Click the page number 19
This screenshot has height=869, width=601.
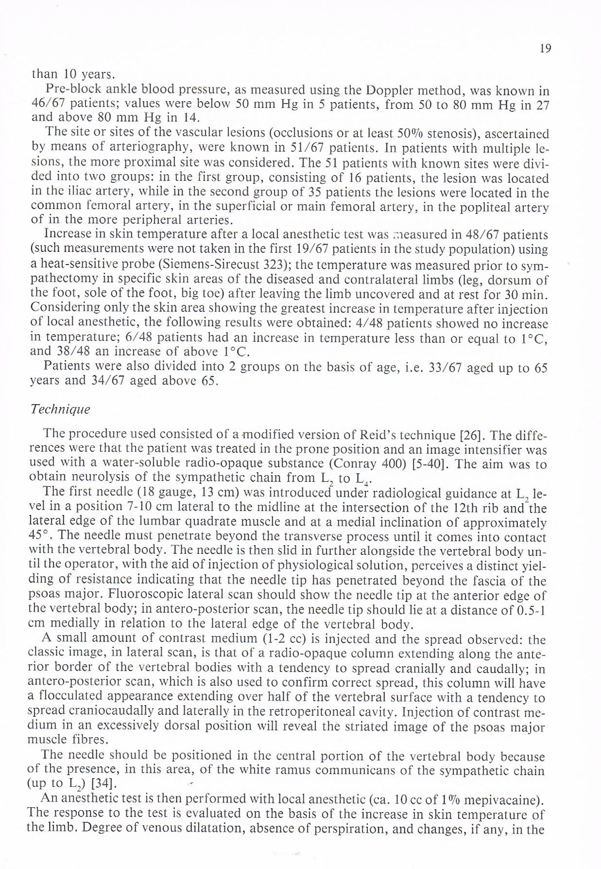click(x=545, y=49)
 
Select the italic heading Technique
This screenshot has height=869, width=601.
click(x=60, y=409)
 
